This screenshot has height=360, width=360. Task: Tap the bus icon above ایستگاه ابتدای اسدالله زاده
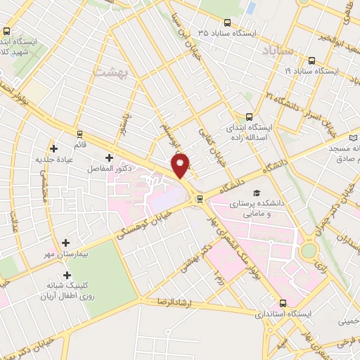[x=248, y=117]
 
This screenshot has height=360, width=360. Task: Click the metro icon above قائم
[x=79, y=133]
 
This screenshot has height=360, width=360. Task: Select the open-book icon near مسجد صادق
[x=354, y=133]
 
